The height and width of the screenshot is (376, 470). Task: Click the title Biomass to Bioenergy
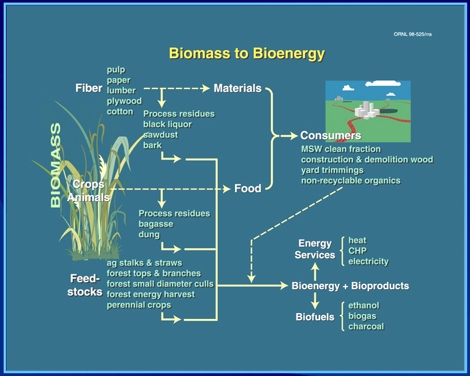(247, 54)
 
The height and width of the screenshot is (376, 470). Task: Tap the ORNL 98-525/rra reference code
(412, 34)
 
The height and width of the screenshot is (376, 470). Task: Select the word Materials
(237, 88)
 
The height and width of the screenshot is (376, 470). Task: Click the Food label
(248, 188)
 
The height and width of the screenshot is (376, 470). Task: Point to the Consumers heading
(331, 135)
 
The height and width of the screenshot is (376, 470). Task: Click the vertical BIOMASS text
(56, 165)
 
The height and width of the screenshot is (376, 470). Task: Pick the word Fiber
(88, 88)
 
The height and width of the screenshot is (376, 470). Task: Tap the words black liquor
(167, 125)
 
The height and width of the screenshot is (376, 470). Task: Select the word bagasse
(156, 224)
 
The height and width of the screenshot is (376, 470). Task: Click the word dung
(149, 235)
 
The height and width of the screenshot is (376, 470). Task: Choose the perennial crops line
(139, 305)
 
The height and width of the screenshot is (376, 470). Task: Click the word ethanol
(364, 306)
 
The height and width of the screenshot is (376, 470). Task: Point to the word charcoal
(366, 327)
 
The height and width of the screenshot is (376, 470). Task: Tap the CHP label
(357, 251)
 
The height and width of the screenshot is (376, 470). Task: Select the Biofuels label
(315, 317)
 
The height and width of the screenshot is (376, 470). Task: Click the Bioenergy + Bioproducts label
(350, 286)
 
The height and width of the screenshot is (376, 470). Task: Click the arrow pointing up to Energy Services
(315, 271)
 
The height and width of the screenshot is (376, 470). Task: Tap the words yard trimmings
(332, 170)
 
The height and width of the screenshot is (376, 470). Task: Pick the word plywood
(124, 101)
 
